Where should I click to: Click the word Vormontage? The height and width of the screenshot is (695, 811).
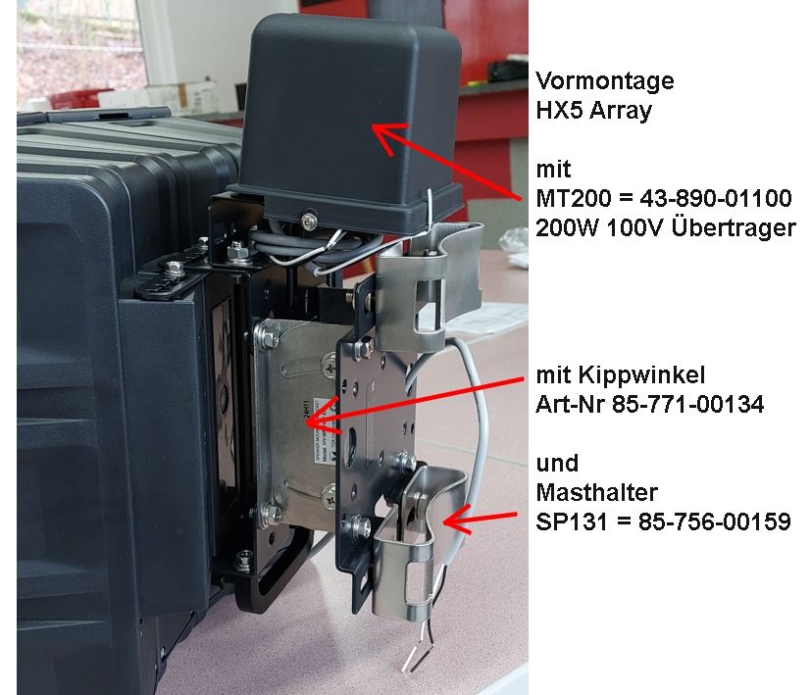[605, 81]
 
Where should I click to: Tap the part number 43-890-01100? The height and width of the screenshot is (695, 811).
[716, 198]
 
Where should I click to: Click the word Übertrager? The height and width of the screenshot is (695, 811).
[734, 227]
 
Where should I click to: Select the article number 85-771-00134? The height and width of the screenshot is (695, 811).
[687, 405]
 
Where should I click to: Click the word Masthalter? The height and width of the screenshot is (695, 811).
[597, 493]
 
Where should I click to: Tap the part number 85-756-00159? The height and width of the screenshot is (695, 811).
[715, 521]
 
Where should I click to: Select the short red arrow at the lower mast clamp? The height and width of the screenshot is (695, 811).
[480, 520]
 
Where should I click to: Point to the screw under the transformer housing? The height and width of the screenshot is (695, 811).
[310, 221]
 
